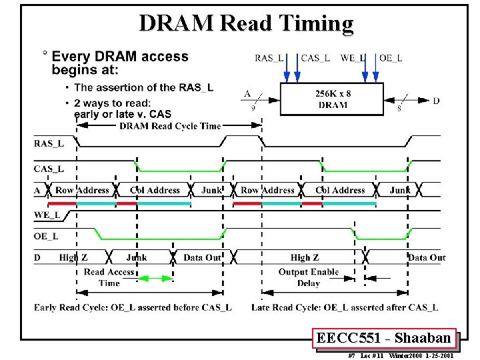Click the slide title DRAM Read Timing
[x=246, y=23]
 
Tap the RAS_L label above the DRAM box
[x=269, y=58]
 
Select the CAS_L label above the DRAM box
[x=315, y=58]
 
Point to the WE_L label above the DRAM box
[x=353, y=58]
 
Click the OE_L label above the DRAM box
[x=391, y=58]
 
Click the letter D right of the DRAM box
[x=436, y=101]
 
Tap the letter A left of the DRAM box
[x=247, y=94]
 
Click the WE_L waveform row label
[x=47, y=215]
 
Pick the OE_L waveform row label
[x=47, y=235]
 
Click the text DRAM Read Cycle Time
[x=170, y=126]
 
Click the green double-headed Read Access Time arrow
[x=155, y=278]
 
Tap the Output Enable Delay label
[x=309, y=277]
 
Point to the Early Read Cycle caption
[x=133, y=307]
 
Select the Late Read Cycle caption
[x=345, y=307]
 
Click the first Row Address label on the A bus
[x=82, y=190]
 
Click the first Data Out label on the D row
[x=202, y=257]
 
